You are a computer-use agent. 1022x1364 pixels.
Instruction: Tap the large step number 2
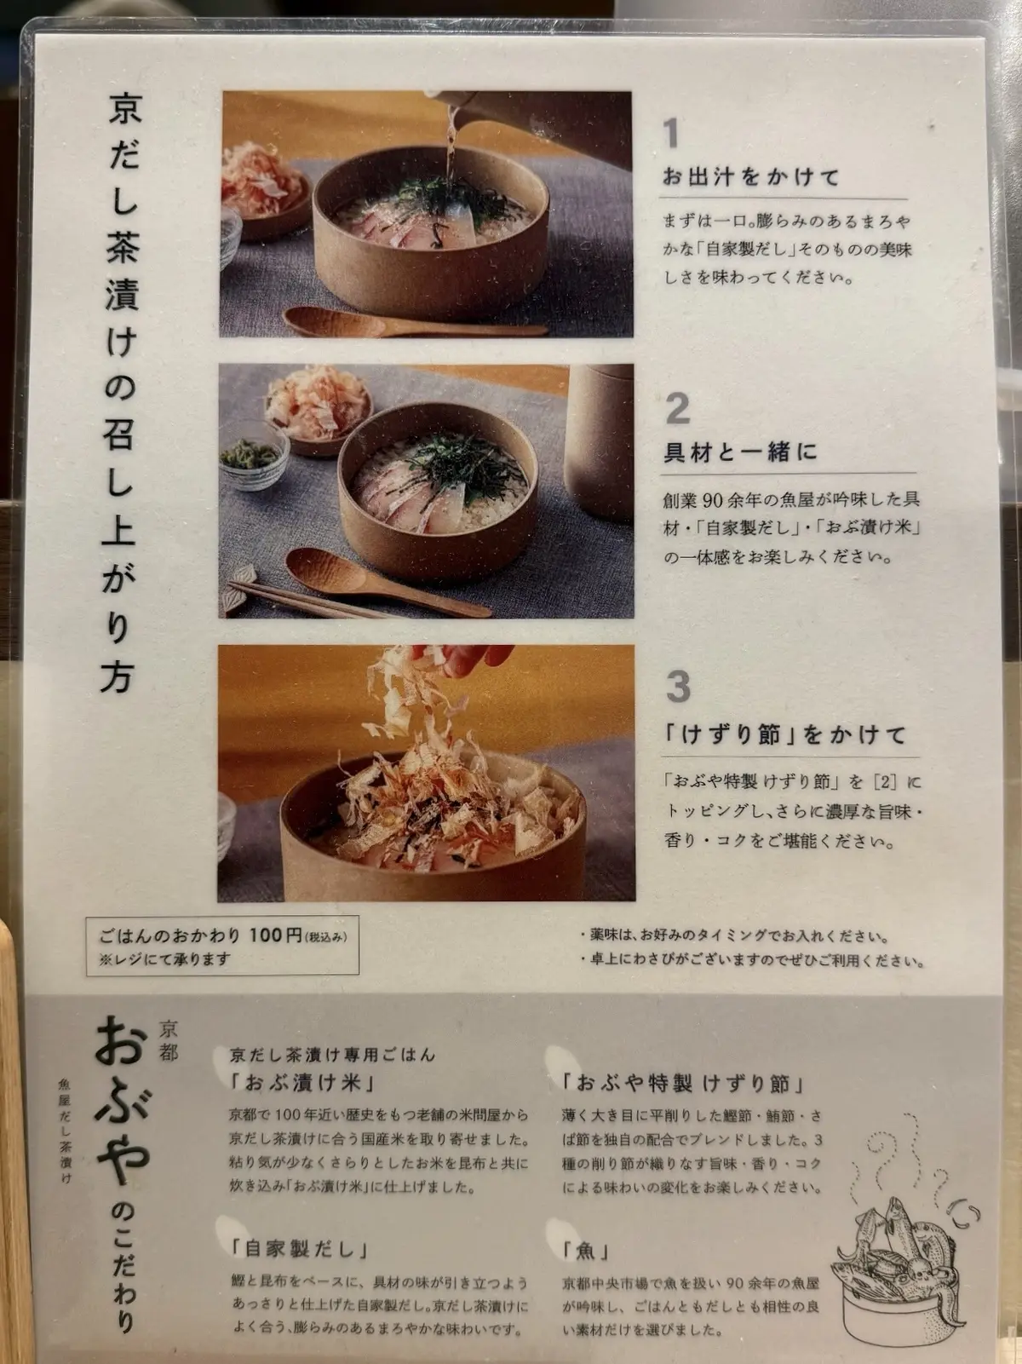click(677, 410)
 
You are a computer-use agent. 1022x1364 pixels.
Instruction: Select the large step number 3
click(678, 686)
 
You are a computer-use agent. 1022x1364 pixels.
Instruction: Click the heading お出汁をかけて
click(751, 178)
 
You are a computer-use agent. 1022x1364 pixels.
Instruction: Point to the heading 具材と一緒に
click(740, 452)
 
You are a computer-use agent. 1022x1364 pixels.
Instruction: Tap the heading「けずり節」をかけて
click(784, 734)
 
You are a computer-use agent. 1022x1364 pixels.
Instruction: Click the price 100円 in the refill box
click(277, 936)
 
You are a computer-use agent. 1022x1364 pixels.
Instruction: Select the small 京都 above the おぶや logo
click(169, 1040)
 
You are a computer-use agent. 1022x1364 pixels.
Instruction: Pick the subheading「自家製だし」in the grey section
click(300, 1250)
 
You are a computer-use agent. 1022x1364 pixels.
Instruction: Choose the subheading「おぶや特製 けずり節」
click(682, 1085)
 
